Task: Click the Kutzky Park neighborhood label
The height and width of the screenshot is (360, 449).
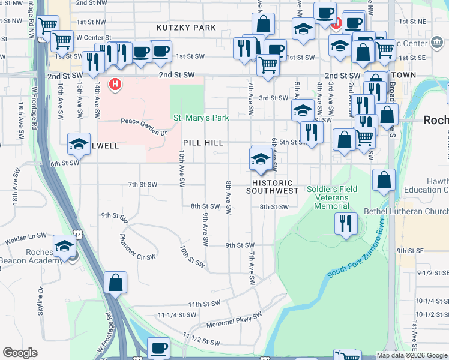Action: pyautogui.click(x=186, y=28)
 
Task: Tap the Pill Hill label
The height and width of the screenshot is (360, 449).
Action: pyautogui.click(x=203, y=143)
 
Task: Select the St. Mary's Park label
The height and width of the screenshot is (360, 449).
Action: pyautogui.click(x=200, y=118)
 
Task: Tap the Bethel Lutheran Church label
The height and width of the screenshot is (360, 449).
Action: pyautogui.click(x=406, y=212)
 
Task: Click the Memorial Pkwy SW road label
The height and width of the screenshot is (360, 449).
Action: pyautogui.click(x=235, y=319)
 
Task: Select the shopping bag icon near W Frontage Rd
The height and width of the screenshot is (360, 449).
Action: pyautogui.click(x=115, y=283)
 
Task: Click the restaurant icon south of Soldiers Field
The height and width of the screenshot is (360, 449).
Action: pyautogui.click(x=346, y=223)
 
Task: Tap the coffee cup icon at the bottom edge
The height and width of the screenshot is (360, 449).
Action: pyautogui.click(x=158, y=348)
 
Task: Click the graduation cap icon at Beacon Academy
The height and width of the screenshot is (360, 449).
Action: pyautogui.click(x=64, y=247)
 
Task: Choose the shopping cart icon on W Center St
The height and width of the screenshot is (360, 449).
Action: pyautogui.click(x=62, y=41)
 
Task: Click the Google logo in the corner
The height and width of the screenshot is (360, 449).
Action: pyautogui.click(x=20, y=353)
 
